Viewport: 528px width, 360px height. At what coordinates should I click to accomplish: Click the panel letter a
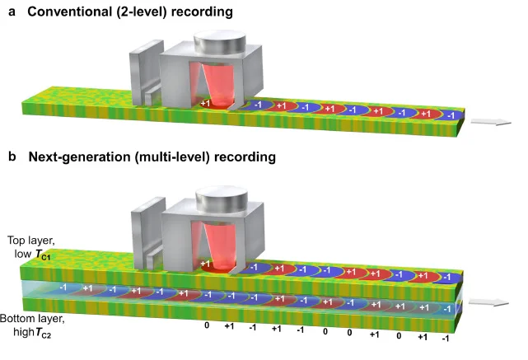12,12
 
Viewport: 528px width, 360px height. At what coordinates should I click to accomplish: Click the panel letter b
12,157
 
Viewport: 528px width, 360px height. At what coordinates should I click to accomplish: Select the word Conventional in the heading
70,12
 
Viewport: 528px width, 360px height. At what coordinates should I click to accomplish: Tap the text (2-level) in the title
142,12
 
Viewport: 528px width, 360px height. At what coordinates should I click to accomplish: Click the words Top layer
31,241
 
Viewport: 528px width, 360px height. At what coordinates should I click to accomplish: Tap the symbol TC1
43,255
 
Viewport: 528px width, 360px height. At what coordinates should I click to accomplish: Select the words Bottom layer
32,319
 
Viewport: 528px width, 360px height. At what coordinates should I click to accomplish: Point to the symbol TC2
43,333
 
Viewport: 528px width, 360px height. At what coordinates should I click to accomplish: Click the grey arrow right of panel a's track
491,122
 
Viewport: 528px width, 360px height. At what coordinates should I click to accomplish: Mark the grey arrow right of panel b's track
488,303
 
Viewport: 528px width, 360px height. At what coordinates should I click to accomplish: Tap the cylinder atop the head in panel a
220,42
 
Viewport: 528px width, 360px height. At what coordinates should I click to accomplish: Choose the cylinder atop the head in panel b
222,199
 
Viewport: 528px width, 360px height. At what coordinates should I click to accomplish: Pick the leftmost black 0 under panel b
207,325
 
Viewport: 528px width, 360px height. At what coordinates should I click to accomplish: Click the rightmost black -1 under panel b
445,339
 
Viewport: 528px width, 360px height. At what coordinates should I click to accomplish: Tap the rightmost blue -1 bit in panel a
451,115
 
